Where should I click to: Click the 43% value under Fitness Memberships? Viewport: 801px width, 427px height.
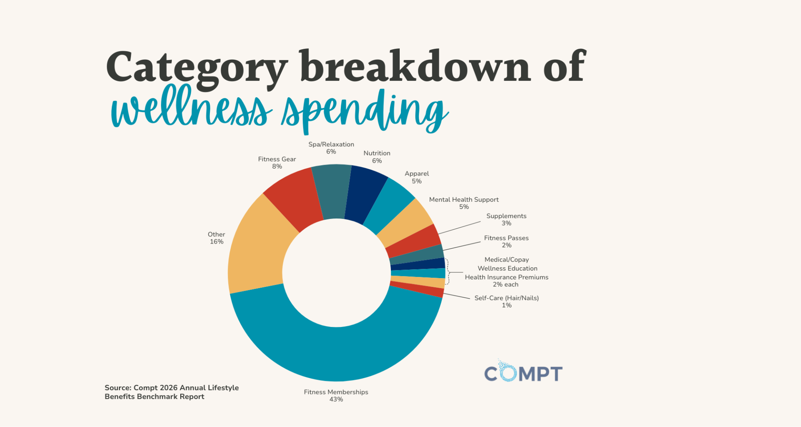coord(336,399)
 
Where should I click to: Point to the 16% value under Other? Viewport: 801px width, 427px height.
coord(217,242)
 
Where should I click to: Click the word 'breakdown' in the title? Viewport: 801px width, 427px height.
coord(415,67)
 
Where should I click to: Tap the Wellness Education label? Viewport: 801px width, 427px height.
coord(507,269)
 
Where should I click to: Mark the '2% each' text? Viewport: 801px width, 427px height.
coord(506,285)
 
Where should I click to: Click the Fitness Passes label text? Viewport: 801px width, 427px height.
coord(506,238)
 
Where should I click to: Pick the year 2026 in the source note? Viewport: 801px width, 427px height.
coord(169,388)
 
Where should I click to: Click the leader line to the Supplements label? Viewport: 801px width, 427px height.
coord(459,228)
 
